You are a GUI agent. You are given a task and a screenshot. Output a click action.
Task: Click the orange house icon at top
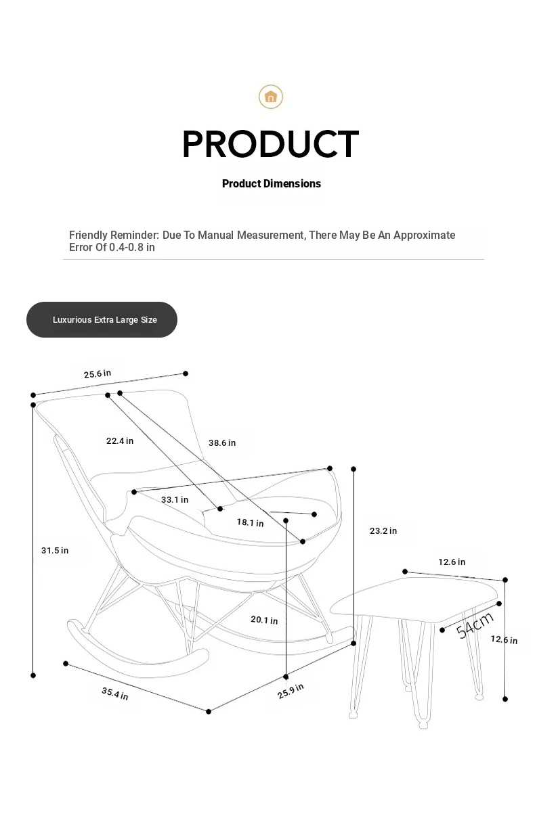tap(270, 97)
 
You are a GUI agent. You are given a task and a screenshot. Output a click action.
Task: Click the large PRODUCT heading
tap(270, 144)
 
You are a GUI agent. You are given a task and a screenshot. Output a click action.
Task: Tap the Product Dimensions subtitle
tap(271, 183)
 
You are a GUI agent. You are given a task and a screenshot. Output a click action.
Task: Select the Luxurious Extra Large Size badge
tap(102, 319)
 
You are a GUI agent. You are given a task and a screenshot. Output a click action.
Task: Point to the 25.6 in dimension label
tap(98, 374)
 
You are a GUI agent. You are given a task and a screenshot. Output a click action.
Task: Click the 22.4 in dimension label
tap(120, 440)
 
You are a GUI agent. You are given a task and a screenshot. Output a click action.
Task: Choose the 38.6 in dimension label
tap(222, 443)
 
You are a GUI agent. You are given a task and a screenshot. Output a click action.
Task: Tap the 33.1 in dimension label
tap(175, 499)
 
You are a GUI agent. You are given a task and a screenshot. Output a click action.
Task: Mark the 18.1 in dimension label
tap(250, 522)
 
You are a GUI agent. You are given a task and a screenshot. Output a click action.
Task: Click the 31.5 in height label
tap(55, 550)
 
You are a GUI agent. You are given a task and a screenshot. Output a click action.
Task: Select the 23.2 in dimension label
tap(383, 531)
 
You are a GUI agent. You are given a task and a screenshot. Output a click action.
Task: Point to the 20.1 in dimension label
tap(264, 620)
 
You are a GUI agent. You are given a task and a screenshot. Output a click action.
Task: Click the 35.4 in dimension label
tap(114, 694)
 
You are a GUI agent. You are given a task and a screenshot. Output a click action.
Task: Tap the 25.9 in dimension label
tap(291, 691)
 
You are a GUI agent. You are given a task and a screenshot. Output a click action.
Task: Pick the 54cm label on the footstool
tap(475, 625)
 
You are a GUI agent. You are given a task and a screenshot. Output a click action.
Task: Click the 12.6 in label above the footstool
tap(452, 562)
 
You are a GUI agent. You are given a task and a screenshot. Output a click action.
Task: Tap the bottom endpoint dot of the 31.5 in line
tap(33, 676)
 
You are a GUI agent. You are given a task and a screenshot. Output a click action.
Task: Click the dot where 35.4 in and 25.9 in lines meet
tap(209, 711)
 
